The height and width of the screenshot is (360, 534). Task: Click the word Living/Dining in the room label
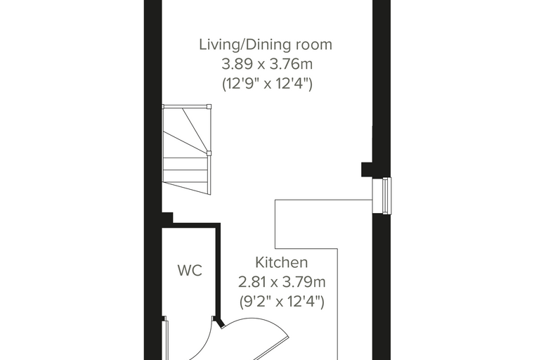(245, 45)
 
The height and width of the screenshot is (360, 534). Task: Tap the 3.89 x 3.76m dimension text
(267, 64)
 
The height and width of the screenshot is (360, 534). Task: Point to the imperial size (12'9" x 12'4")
(267, 84)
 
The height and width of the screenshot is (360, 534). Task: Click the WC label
(190, 270)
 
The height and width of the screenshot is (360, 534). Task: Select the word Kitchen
(282, 262)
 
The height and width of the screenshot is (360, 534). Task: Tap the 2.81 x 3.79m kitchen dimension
(282, 282)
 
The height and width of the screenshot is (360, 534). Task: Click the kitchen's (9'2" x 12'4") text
(282, 302)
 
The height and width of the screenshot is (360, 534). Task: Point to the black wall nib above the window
(367, 169)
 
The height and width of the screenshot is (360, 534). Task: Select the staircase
(187, 150)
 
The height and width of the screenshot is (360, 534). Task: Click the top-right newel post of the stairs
(209, 106)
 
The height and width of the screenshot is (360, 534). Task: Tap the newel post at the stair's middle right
(209, 153)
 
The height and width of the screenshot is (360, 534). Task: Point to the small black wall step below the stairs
(167, 217)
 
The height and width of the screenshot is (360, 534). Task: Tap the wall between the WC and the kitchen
(218, 273)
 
